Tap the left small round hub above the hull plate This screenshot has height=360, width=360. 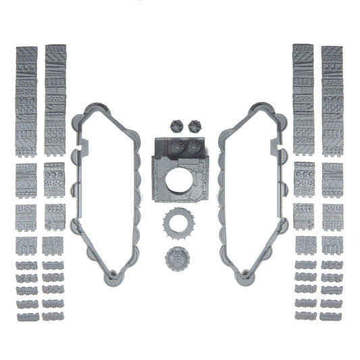[174, 125]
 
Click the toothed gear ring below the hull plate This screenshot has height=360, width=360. [178, 224]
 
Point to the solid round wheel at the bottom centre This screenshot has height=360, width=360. [178, 259]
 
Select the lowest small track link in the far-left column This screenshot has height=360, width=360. [26, 315]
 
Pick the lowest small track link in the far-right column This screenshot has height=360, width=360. [332, 315]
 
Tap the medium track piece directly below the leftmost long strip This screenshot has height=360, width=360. [26, 180]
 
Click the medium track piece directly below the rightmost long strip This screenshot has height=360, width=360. [332, 180]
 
